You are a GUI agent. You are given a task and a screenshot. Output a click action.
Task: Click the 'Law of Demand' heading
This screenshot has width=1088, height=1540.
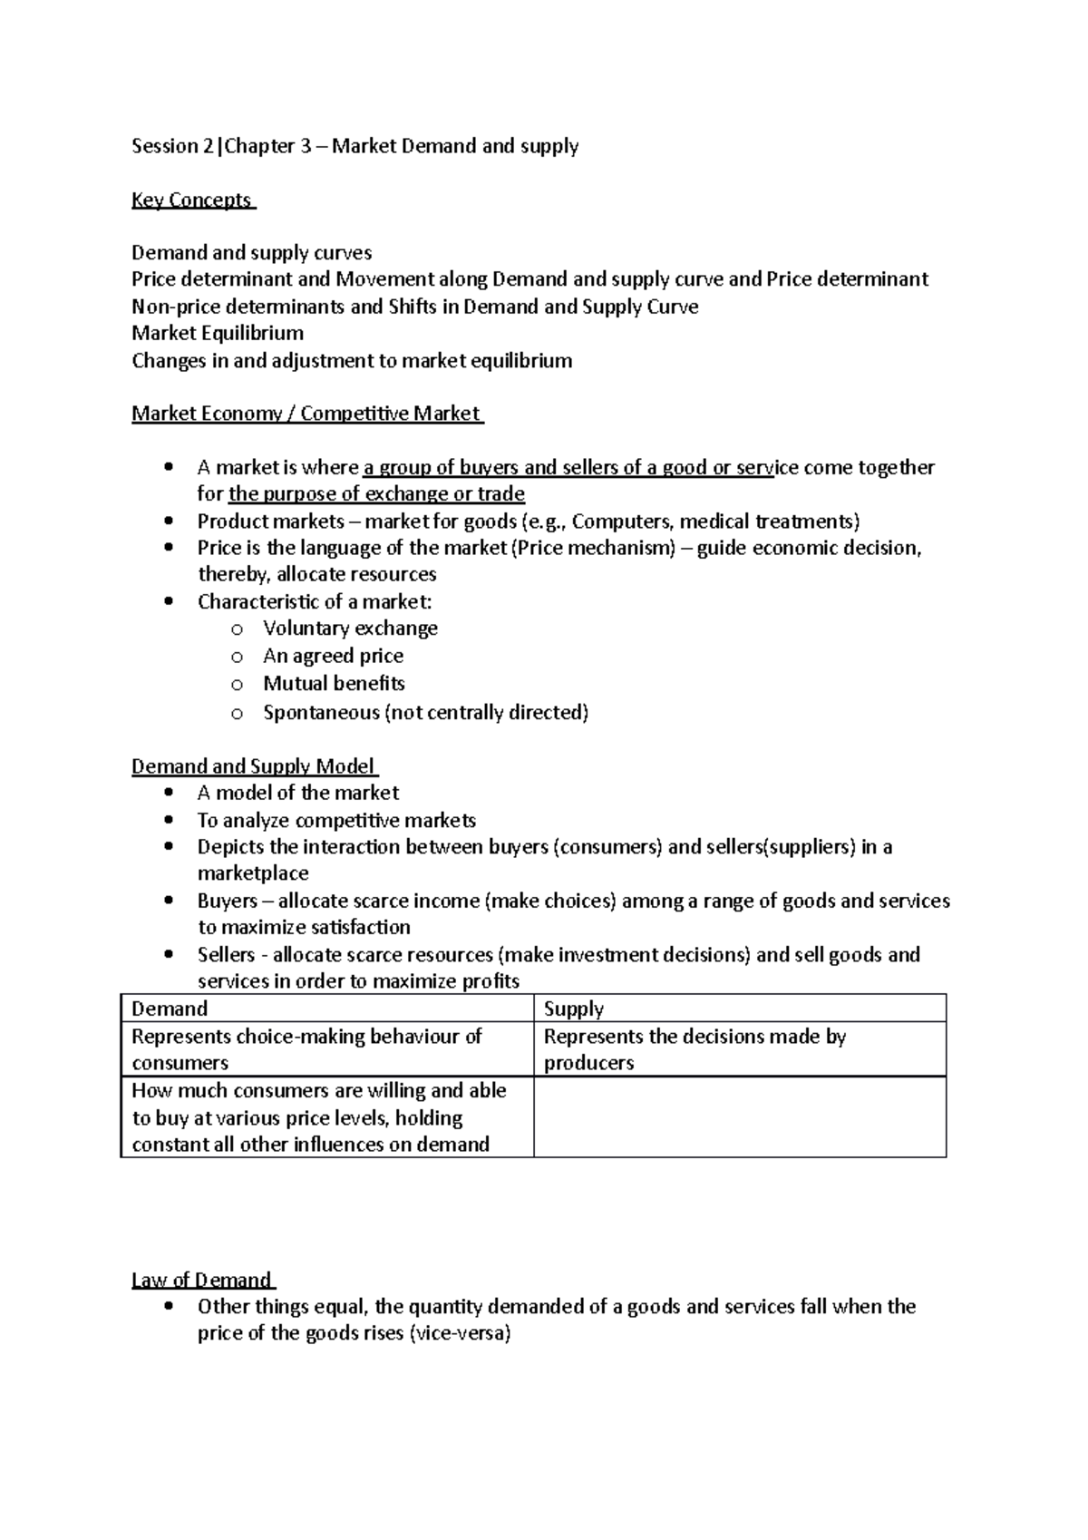pyautogui.click(x=201, y=1280)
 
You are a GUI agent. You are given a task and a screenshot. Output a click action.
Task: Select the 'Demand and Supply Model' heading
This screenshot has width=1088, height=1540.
pyautogui.click(x=253, y=766)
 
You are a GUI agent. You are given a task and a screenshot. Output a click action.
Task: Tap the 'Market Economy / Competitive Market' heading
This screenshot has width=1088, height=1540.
pyautogui.click(x=306, y=414)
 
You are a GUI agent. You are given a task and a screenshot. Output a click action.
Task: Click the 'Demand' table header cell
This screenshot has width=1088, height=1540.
pyautogui.click(x=170, y=1009)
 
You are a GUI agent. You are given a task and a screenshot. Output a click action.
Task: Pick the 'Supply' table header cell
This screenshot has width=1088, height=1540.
pyautogui.click(x=574, y=1009)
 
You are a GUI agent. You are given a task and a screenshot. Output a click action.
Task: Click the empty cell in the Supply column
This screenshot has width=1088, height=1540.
pyautogui.click(x=739, y=1117)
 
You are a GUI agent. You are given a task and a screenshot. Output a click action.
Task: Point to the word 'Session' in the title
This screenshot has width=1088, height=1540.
pyautogui.click(x=165, y=146)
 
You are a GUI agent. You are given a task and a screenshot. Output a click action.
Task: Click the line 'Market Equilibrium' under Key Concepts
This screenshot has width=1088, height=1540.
pyautogui.click(x=218, y=333)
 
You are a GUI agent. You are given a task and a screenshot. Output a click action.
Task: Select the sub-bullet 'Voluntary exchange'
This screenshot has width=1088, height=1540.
pyautogui.click(x=350, y=629)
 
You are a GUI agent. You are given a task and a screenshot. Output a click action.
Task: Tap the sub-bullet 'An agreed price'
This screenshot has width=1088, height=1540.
pyautogui.click(x=333, y=656)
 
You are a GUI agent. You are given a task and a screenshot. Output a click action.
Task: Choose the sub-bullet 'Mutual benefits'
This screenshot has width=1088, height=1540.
pyautogui.click(x=334, y=683)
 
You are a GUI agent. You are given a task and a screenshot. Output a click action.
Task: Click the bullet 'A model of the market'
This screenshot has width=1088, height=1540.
pyautogui.click(x=297, y=793)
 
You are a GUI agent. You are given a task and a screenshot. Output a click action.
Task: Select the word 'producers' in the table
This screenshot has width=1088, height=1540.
pyautogui.click(x=588, y=1063)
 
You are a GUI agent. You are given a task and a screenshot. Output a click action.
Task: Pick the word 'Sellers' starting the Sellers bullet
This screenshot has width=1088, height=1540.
pyautogui.click(x=227, y=954)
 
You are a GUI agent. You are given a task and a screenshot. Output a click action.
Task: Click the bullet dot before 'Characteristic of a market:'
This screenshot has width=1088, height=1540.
pyautogui.click(x=169, y=602)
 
